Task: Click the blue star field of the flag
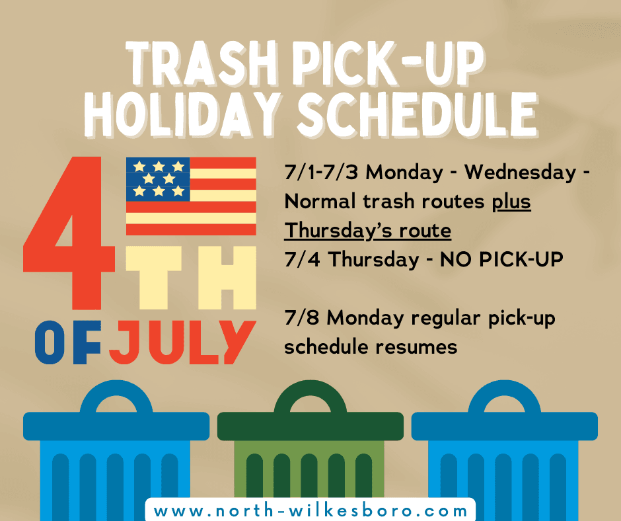[159, 179]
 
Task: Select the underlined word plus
[512, 202]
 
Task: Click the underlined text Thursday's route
[368, 231]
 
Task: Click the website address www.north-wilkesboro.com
[310, 511]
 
